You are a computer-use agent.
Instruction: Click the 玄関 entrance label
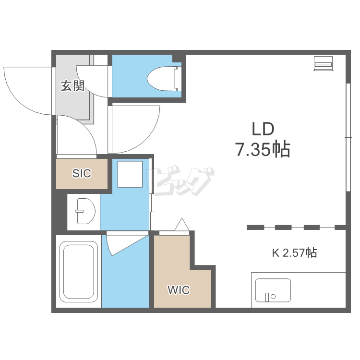pyautogui.click(x=72, y=86)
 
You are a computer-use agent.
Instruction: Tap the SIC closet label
pyautogui.click(x=82, y=173)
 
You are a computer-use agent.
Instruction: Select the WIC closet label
pyautogui.click(x=179, y=290)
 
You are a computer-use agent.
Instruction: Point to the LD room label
pyautogui.click(x=263, y=129)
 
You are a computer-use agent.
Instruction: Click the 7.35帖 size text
pyautogui.click(x=263, y=149)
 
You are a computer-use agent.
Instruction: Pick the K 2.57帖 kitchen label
pyautogui.click(x=295, y=252)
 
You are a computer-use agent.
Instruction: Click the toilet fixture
pyautogui.click(x=164, y=78)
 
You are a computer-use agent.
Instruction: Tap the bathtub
pyautogui.click(x=79, y=272)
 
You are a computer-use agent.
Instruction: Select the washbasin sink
pyautogui.click(x=85, y=211)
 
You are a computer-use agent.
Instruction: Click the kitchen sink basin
pyautogui.click(x=273, y=290)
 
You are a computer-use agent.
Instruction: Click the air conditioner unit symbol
pyautogui.click(x=324, y=63)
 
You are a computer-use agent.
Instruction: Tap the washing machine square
pyautogui.click(x=130, y=174)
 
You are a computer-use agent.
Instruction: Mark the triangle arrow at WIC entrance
pyautogui.click(x=182, y=224)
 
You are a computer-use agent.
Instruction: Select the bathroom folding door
pyautogui.click(x=127, y=244)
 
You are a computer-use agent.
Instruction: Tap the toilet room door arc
pyautogui.click(x=85, y=86)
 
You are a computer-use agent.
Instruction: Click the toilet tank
pyautogui.click(x=178, y=78)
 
